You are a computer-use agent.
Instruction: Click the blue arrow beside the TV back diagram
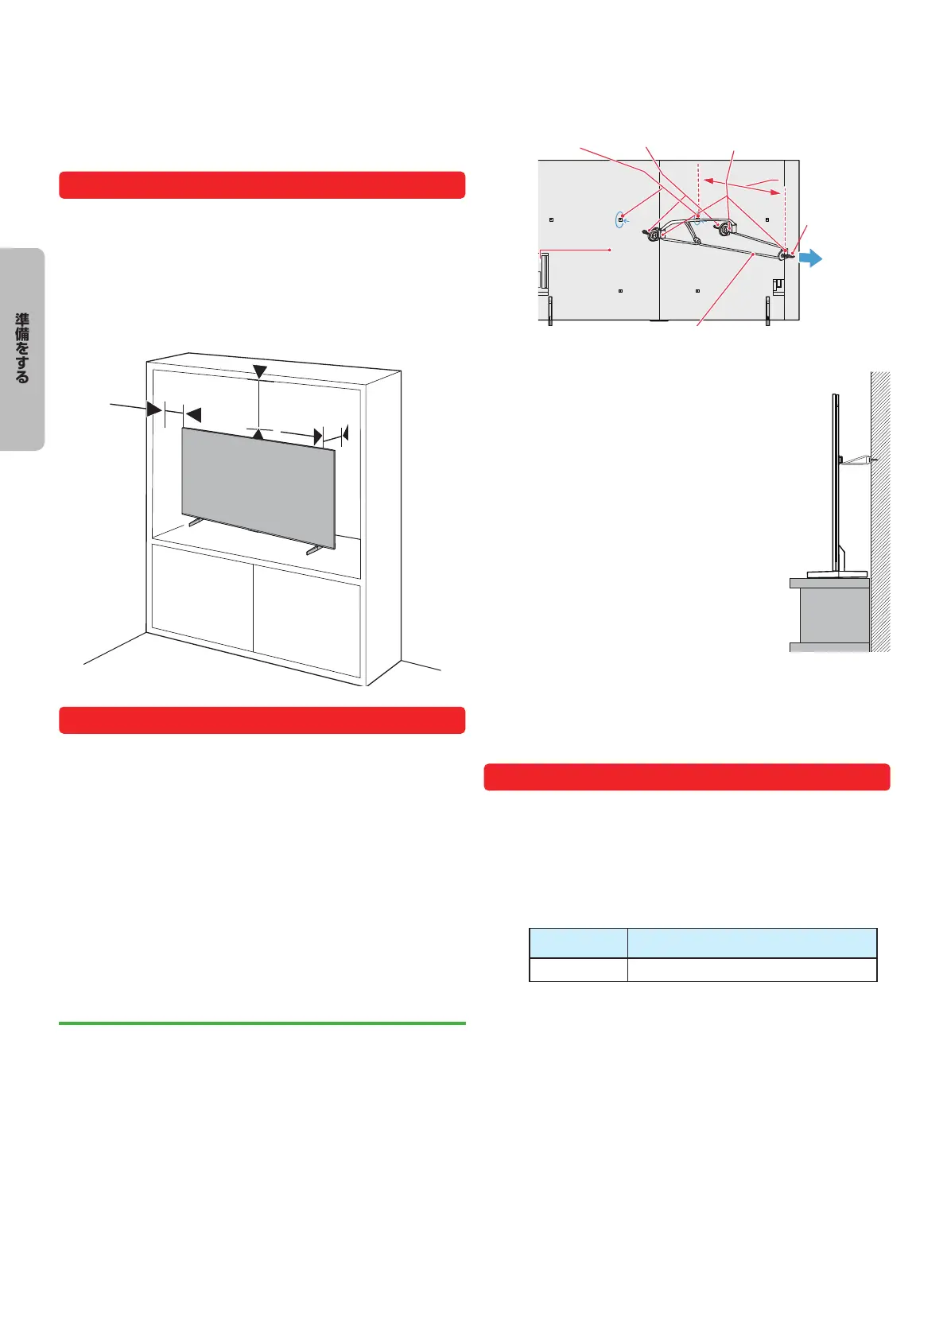pos(811,258)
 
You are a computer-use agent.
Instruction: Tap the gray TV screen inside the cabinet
pos(258,487)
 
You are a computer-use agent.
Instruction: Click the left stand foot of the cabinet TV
pos(196,522)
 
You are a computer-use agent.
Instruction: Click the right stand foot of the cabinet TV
pos(314,549)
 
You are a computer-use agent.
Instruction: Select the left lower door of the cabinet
pos(202,597)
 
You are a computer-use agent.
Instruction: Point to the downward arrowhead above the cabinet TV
pos(259,372)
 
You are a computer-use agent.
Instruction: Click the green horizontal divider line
pos(262,1023)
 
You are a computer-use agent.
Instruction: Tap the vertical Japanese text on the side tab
pos(22,347)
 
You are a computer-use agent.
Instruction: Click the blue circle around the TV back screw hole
pos(619,220)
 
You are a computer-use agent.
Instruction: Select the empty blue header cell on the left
pos(578,943)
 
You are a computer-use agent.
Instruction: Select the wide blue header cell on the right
pos(752,943)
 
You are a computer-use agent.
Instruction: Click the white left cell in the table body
pos(578,969)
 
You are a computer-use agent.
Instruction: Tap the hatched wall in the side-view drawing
pos(880,511)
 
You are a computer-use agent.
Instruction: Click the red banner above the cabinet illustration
pos(262,184)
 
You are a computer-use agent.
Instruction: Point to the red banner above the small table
pos(687,777)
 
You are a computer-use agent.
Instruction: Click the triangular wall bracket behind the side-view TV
pos(856,459)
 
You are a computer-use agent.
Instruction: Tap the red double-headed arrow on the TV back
pos(741,186)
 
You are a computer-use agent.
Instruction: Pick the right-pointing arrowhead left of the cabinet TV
pos(154,409)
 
